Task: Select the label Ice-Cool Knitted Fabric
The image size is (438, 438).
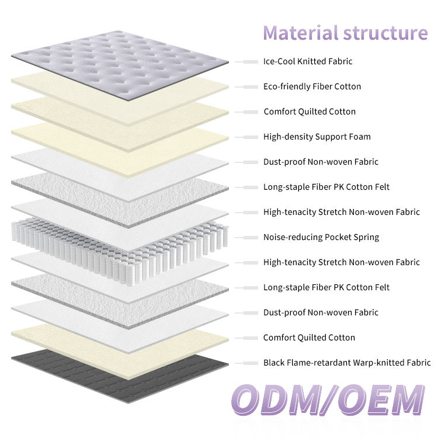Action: (308, 61)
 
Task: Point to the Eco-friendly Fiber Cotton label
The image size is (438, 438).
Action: (312, 86)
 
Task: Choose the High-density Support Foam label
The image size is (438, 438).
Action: (317, 137)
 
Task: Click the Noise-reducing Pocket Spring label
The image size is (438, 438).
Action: (321, 237)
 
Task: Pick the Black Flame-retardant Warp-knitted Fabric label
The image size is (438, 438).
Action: (347, 363)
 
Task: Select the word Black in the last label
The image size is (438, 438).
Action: (274, 363)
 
